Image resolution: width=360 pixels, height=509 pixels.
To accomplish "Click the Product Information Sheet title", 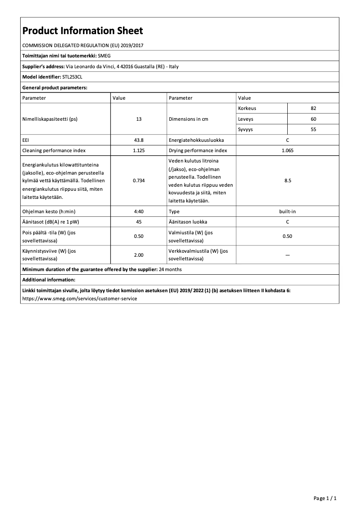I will (83, 31).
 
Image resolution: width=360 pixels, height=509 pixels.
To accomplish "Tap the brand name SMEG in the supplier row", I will (104, 56).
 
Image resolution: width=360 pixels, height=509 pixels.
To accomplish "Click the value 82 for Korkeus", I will (313, 109).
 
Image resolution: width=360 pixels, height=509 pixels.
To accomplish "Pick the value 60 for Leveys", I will (313, 119).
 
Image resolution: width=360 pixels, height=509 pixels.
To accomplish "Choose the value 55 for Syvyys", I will (313, 130).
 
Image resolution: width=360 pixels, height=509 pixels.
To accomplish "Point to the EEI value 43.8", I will (138, 140).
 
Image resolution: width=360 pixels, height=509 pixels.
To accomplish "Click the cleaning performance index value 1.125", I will (138, 151).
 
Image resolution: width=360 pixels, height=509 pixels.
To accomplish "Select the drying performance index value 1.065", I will (287, 151).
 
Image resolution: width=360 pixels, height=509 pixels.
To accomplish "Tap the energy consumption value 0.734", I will (138, 181).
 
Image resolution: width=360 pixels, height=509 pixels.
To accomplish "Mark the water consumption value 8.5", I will (287, 181).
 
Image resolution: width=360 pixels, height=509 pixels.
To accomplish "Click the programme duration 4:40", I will (138, 211).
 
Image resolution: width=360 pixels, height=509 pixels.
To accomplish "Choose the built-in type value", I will (287, 211).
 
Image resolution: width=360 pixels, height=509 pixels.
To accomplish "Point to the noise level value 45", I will (138, 222).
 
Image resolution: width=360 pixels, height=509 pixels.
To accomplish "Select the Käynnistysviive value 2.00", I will (138, 255).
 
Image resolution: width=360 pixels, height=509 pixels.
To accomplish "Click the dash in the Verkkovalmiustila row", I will (287, 255).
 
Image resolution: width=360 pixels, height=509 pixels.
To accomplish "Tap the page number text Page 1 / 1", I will (325, 498).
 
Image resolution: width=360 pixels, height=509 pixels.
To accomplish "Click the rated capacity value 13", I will (138, 119).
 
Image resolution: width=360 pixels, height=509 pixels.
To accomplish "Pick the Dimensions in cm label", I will (189, 119).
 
